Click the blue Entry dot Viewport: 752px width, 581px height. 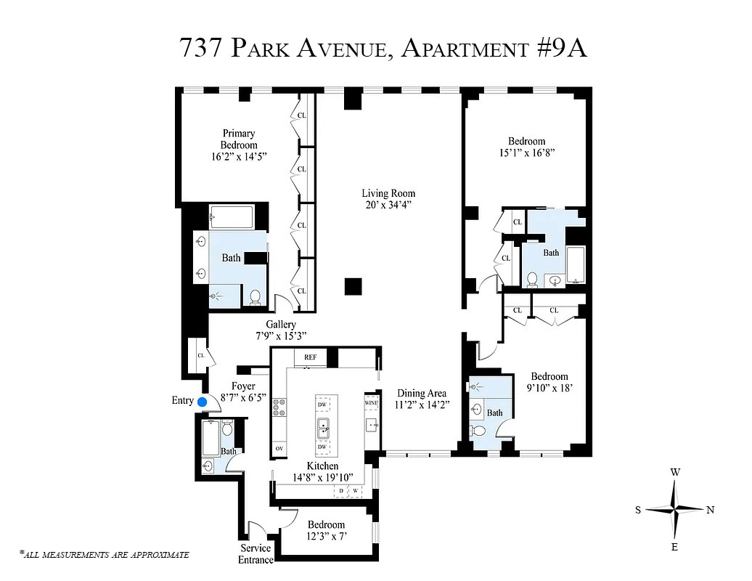tap(203, 401)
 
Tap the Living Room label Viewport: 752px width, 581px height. tap(388, 193)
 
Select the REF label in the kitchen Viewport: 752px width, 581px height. tap(310, 357)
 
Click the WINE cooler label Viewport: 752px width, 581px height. tap(371, 402)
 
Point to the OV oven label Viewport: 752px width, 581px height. tap(279, 449)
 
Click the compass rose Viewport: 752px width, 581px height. tap(674, 510)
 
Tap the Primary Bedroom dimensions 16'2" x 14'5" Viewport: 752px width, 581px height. tap(240, 156)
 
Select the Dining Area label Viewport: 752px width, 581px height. tap(421, 393)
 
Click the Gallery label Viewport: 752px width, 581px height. tap(280, 325)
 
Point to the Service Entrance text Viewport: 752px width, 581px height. tap(256, 554)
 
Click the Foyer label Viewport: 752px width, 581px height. tap(243, 386)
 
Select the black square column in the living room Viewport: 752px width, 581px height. tap(353, 286)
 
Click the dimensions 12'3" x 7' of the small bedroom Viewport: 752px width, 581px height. tap(326, 537)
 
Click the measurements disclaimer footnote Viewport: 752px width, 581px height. tap(105, 555)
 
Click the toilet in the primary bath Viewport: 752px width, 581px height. tap(255, 297)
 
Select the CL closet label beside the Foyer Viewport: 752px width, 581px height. tap(200, 355)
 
